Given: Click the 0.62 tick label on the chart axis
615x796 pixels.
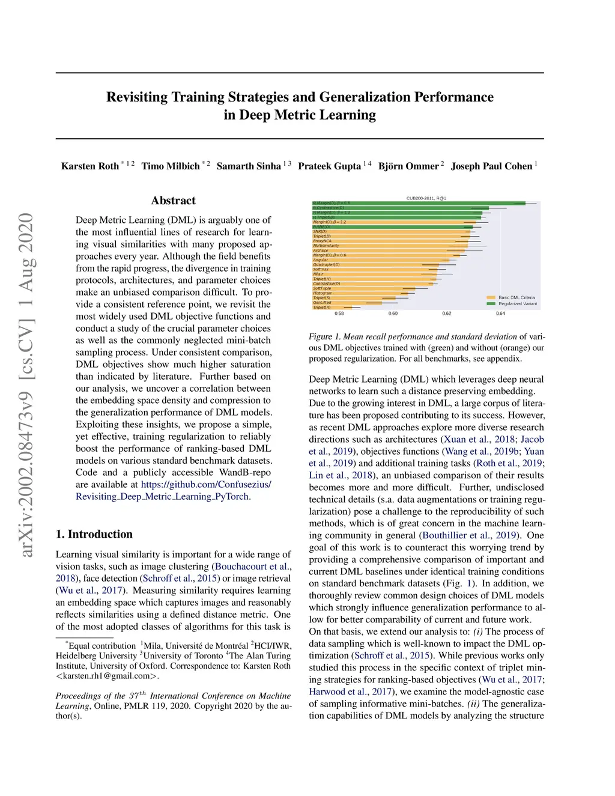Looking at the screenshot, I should [x=447, y=314].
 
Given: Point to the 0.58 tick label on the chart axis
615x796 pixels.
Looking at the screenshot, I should [x=339, y=314].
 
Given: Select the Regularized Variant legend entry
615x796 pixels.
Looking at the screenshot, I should [x=517, y=304].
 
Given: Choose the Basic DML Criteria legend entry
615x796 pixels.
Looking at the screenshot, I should [x=516, y=297].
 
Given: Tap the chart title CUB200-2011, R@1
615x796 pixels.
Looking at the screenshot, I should [x=426, y=198].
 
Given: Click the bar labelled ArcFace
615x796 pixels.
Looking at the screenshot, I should [x=390, y=251].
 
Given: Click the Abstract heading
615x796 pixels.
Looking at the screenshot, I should [x=173, y=201].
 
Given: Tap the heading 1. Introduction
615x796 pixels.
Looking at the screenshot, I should [x=94, y=534].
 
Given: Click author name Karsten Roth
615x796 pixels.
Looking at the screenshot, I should [x=90, y=166].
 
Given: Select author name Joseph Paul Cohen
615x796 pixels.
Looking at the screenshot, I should [x=491, y=166].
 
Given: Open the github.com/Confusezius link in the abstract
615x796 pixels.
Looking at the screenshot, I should [x=205, y=484].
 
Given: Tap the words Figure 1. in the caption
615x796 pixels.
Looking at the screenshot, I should [x=324, y=336].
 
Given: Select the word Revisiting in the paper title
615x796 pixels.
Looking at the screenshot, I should [x=138, y=97].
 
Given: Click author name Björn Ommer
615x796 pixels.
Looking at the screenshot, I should [x=408, y=166].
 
